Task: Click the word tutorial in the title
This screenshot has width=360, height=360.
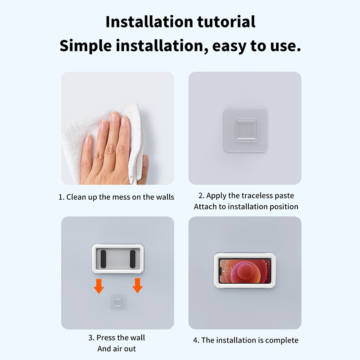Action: click(226, 22)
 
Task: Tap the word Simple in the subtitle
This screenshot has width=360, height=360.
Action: click(85, 46)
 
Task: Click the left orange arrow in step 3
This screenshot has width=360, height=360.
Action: click(99, 286)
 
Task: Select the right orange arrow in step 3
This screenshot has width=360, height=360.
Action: click(138, 286)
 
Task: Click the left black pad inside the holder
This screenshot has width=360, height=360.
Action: click(103, 259)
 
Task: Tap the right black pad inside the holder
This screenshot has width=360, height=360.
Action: click(133, 259)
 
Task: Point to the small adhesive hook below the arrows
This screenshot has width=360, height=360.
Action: click(118, 302)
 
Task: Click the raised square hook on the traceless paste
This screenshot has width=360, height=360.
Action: click(246, 130)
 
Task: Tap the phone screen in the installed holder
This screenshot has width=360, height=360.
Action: click(245, 271)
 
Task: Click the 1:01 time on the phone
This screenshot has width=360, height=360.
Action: click(227, 271)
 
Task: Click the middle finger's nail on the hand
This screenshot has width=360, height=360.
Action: click(114, 117)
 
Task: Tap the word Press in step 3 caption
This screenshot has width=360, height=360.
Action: click(104, 338)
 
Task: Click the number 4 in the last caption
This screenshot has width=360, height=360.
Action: click(195, 340)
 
